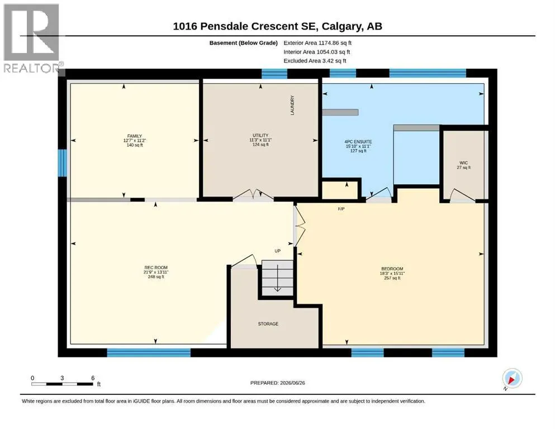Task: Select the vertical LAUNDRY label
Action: [292, 105]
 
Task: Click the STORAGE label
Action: [268, 323]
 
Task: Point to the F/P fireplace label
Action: [341, 209]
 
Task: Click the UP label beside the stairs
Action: [277, 251]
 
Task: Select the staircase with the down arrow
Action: [277, 278]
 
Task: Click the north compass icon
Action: [512, 378]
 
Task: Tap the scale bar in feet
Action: [65, 382]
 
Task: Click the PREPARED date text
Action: [277, 383]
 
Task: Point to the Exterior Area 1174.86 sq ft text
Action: [317, 43]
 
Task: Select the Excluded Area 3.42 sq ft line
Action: [315, 60]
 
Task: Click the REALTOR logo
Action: [32, 38]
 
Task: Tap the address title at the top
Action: [277, 26]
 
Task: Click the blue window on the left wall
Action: [62, 163]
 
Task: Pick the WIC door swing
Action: [462, 196]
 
